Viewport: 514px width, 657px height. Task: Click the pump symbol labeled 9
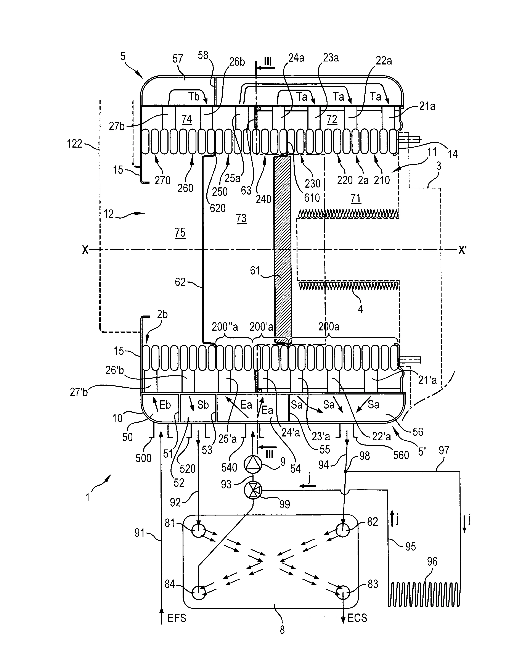click(x=252, y=463)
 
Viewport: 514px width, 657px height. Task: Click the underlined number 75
click(x=180, y=233)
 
